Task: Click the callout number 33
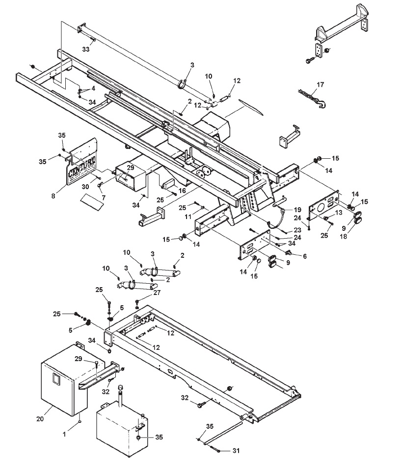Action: pos(85,49)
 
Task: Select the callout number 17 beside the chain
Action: pos(320,85)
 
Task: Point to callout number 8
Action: pos(53,196)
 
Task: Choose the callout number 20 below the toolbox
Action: pos(40,419)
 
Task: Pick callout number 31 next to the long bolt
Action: pos(236,451)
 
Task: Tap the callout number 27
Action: pos(157,293)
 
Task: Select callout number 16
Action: pos(182,191)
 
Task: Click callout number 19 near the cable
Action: pos(297,210)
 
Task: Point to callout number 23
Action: pos(297,230)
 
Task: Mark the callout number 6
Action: pos(305,256)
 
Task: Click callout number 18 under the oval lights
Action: pos(343,236)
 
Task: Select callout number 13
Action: pos(339,213)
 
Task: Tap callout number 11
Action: pos(188,217)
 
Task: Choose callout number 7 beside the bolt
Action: pos(104,197)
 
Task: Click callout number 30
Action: pos(85,187)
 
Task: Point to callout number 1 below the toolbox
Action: pos(64,434)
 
